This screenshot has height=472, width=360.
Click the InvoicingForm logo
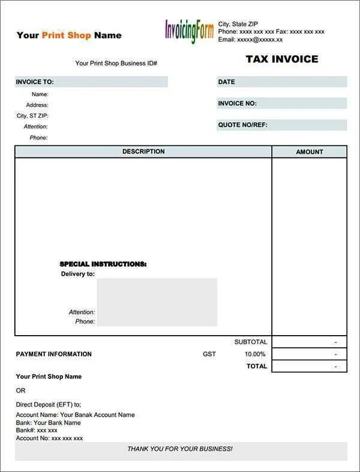coord(189,31)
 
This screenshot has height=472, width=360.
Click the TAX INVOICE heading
coord(282,59)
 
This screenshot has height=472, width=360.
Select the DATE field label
coord(227,82)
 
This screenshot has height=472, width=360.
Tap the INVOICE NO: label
coord(238,103)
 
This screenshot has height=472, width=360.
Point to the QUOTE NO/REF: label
coord(243,125)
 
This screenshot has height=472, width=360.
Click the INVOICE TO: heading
coord(35,82)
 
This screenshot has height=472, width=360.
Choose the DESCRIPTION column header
coord(143,152)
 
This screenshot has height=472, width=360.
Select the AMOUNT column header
coord(310,152)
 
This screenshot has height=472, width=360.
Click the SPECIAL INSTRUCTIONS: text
coord(103,264)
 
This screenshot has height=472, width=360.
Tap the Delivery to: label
coord(78,274)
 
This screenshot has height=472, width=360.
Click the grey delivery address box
coord(157,301)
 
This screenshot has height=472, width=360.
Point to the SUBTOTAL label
coord(250,342)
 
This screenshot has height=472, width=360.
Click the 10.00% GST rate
coord(255,354)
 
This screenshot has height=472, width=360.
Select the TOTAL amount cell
coord(309,366)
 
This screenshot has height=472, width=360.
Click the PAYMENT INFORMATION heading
coord(54,354)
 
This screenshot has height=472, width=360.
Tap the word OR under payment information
coord(21,390)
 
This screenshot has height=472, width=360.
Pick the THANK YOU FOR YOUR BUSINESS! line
coord(180,449)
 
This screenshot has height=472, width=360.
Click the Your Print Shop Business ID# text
coord(116,63)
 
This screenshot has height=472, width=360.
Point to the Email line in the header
coord(251,39)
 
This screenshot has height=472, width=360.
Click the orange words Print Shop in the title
coord(67,35)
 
